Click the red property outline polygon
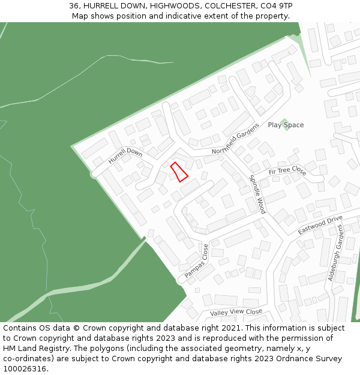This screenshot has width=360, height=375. click(179, 172)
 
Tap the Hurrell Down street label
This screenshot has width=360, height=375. click(125, 156)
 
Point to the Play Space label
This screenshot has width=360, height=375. click(286, 125)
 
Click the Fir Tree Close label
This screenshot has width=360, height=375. click(287, 171)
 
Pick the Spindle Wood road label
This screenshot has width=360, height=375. click(257, 194)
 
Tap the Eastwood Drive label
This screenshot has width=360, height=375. click(320, 225)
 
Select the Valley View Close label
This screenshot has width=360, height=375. click(236, 313)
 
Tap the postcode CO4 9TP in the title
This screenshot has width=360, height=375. click(277, 5)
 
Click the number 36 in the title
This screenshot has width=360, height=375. click(74, 5)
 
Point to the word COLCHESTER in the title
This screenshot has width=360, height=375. click(227, 5)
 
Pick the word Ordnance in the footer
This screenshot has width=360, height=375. click(281, 359)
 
